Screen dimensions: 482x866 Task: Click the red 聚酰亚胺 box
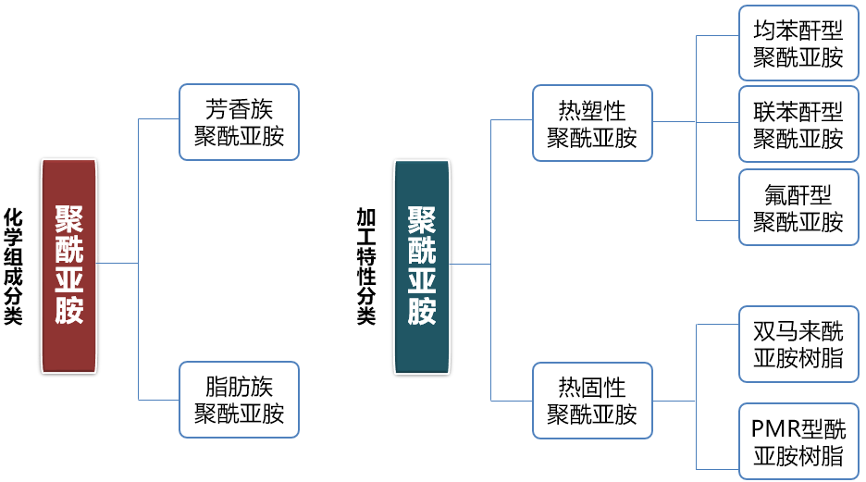pyautogui.click(x=68, y=266)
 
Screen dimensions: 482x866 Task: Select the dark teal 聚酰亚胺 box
pyautogui.click(x=422, y=266)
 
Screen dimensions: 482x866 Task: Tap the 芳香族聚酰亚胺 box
pyautogui.click(x=239, y=122)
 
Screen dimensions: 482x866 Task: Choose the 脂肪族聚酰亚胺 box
pyautogui.click(x=239, y=399)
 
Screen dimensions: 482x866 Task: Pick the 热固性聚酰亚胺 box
pyautogui.click(x=592, y=401)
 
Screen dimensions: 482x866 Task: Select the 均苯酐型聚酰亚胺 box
pyautogui.click(x=798, y=43)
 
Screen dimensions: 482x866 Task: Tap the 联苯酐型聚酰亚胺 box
pyautogui.click(x=798, y=125)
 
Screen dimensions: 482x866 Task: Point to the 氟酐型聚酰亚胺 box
pyautogui.click(x=798, y=207)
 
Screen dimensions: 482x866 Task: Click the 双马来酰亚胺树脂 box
pyautogui.click(x=798, y=344)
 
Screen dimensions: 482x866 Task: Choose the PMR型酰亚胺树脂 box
pyautogui.click(x=798, y=441)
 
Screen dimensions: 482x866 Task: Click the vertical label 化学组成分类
pyautogui.click(x=13, y=266)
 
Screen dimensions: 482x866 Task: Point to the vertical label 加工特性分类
pyautogui.click(x=366, y=266)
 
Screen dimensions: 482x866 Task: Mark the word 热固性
pyautogui.click(x=592, y=388)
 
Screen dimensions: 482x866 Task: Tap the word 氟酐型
pyautogui.click(x=798, y=195)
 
